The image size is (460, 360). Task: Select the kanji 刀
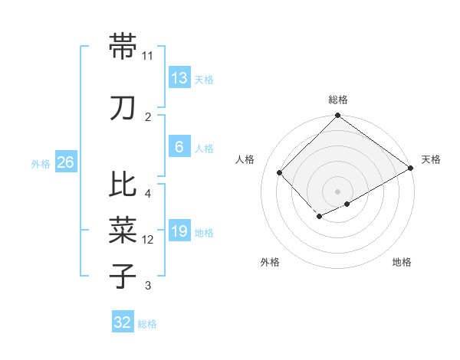point(123,108)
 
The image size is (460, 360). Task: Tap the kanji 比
point(123,185)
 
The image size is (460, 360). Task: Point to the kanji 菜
point(123,228)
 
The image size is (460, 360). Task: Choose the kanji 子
point(123,275)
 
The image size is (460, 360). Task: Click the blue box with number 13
point(179,77)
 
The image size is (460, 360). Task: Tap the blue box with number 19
point(179,231)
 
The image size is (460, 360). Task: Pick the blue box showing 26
point(66,162)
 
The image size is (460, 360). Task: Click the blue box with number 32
point(123,322)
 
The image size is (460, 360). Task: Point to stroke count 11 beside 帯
point(148,56)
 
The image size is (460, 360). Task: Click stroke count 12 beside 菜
point(148,240)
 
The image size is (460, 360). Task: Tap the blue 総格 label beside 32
point(147,324)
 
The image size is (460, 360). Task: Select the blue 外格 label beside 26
point(40,163)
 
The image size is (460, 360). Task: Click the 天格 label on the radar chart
point(431,159)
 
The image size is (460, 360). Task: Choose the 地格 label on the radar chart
point(402,262)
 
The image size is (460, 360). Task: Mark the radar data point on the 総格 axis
point(337,116)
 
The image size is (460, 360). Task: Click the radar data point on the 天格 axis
point(411,168)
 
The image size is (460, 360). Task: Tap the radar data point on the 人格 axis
point(280,172)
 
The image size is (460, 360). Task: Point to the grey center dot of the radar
point(337,191)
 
